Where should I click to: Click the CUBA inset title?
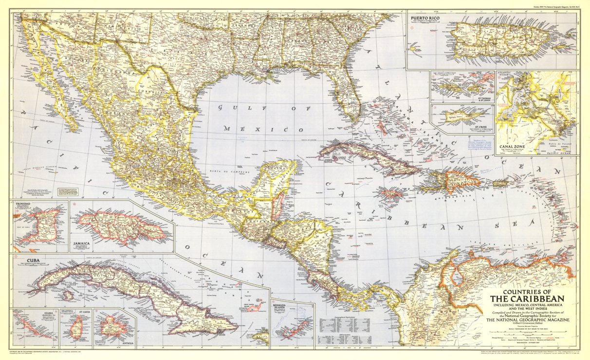26,261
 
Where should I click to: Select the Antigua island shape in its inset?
113,326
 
